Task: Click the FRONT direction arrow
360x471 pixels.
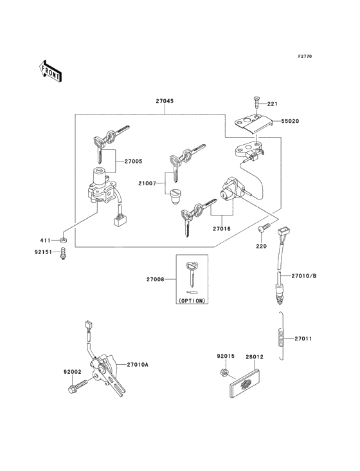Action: tap(50, 71)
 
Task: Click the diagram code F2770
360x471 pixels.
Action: tap(305, 56)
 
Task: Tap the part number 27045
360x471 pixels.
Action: tap(165, 101)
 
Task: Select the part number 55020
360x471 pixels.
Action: tap(290, 121)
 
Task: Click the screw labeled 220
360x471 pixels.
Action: tap(264, 227)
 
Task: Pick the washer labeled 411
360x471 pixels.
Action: tap(63, 240)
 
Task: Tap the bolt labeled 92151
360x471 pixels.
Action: tap(63, 253)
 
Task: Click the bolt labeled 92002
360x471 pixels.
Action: tap(78, 386)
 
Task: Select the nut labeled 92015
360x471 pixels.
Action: tap(223, 372)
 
